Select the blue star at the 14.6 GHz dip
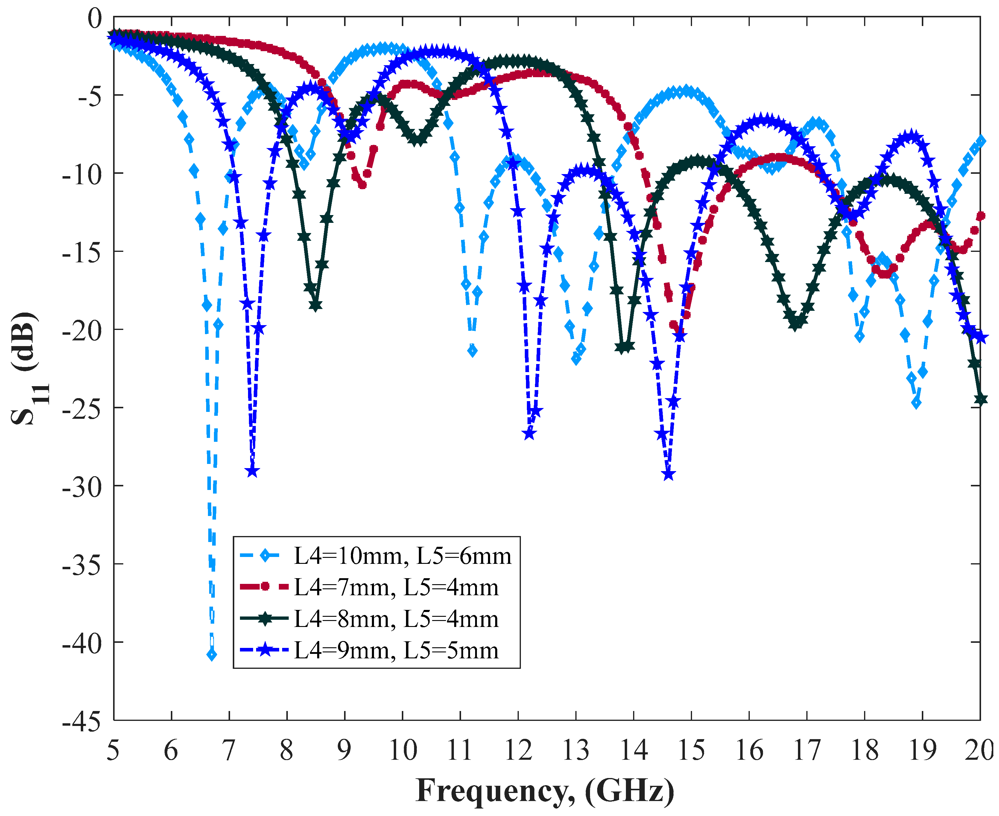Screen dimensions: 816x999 (x=668, y=475)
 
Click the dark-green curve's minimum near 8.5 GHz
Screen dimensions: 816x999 (x=316, y=305)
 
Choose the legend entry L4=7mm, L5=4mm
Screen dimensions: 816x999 (x=396, y=587)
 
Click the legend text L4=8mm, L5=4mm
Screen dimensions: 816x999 (x=396, y=619)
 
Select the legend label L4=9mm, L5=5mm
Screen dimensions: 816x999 (x=396, y=651)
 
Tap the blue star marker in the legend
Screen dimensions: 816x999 (x=265, y=650)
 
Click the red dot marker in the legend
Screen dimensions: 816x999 (x=265, y=586)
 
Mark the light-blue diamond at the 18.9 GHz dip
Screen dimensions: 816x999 (x=916, y=403)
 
